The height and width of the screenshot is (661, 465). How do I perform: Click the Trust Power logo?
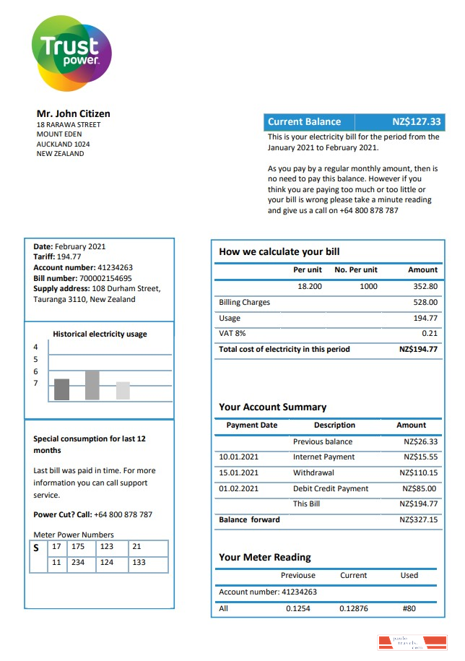coord(71,53)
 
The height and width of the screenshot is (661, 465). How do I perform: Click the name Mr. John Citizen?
coord(73,113)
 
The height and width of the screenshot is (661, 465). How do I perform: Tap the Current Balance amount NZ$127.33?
coord(416,122)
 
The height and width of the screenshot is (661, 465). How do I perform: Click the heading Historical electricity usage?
coord(100,334)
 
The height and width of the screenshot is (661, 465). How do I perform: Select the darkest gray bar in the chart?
coord(62,389)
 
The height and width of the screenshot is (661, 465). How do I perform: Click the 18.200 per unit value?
coord(309,287)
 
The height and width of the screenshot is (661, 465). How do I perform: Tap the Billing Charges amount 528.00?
coord(425,303)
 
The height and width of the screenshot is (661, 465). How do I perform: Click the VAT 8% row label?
coord(232,334)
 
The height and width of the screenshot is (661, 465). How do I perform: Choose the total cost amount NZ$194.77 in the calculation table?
coord(418,350)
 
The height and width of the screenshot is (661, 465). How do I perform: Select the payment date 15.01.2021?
coord(238,473)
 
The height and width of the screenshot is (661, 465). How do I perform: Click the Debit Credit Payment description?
coord(331,489)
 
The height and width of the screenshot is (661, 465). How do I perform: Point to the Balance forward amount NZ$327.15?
coord(418,519)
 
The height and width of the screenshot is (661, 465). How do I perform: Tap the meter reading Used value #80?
coord(409,608)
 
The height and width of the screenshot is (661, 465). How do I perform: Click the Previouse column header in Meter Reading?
coord(297,576)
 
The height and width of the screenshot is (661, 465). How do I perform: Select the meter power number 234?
coord(78,563)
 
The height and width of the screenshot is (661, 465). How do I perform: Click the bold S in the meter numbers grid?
coord(37,548)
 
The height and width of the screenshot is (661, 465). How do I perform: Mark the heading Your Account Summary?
coord(272,407)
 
